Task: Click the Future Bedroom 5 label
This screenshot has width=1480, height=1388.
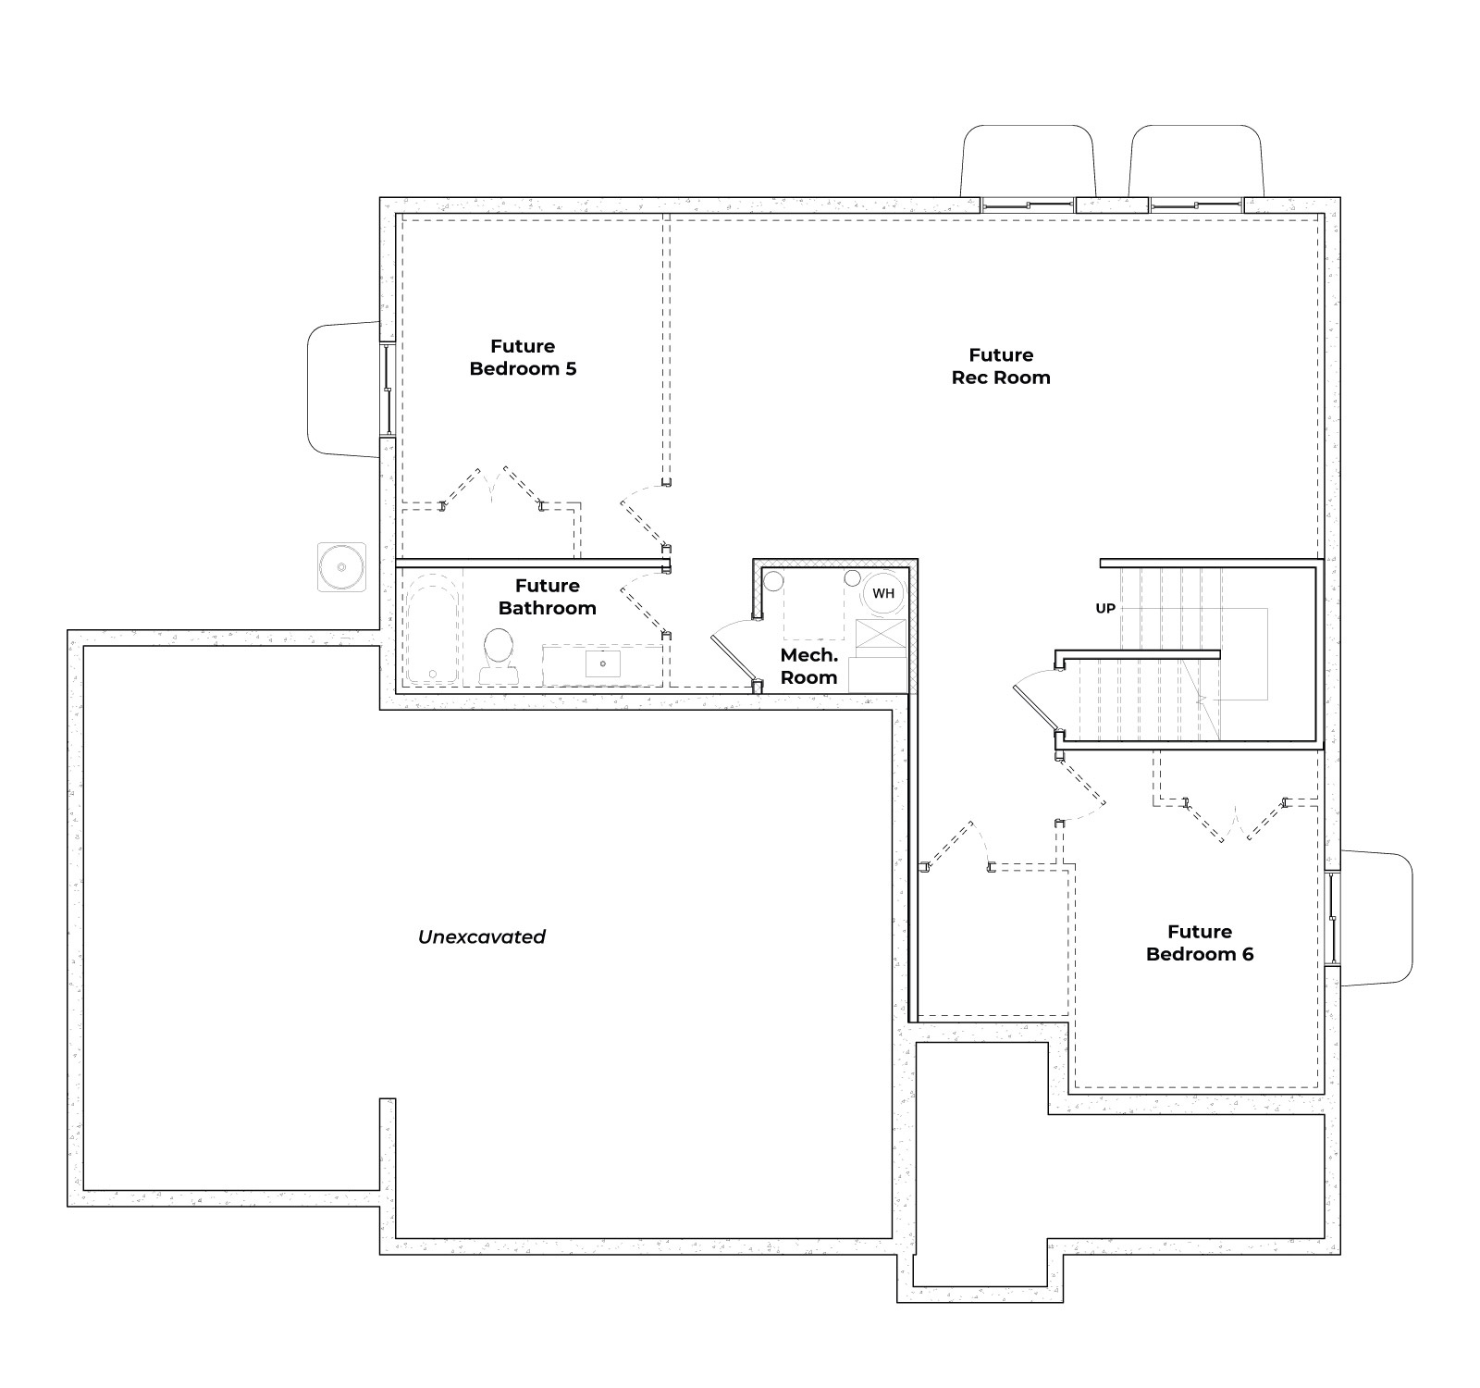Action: click(523, 357)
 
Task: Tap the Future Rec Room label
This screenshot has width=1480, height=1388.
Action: click(1000, 366)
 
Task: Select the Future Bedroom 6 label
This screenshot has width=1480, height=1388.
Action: click(1199, 942)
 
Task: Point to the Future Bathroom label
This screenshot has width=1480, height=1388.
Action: click(547, 596)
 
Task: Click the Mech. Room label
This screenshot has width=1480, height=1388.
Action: click(808, 666)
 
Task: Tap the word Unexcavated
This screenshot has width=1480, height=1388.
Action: click(482, 936)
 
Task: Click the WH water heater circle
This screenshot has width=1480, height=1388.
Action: click(883, 593)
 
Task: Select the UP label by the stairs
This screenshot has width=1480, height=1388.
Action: click(1105, 608)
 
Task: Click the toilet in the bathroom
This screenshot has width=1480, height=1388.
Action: click(499, 654)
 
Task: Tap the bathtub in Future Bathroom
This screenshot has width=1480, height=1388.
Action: click(433, 629)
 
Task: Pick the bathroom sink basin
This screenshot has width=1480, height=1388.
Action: click(603, 663)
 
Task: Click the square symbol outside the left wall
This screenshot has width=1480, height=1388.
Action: click(341, 567)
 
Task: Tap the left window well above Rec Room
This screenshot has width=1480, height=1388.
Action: click(1028, 162)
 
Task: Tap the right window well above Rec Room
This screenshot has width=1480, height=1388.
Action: click(1196, 162)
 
